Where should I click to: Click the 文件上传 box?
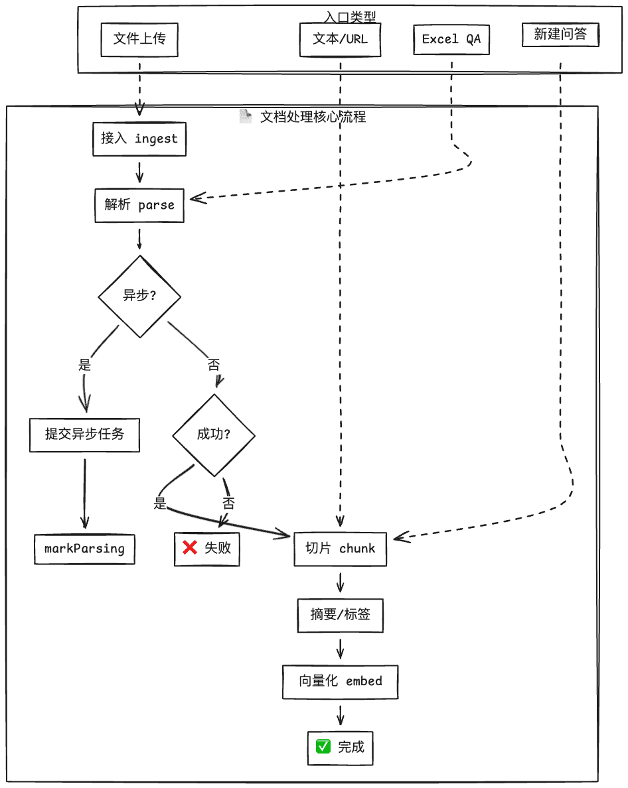[139, 39]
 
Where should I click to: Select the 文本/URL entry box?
[340, 39]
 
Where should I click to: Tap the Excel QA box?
[451, 39]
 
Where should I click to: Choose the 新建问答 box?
[560, 35]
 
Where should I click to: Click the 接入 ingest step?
[139, 139]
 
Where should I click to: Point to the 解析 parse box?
[139, 205]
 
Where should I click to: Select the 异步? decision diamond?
[139, 296]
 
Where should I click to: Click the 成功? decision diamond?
[214, 434]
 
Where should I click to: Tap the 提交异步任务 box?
[84, 434]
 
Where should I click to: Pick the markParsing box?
[84, 549]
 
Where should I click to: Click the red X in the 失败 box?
[190, 548]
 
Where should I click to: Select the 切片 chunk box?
[340, 549]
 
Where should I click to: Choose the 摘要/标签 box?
[340, 615]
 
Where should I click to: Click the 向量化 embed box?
[340, 681]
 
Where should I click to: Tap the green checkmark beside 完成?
[323, 747]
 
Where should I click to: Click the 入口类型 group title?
[351, 17]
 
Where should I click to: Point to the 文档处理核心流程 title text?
[313, 117]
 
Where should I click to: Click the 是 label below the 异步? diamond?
[84, 364]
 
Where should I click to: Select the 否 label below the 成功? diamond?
[228, 503]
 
